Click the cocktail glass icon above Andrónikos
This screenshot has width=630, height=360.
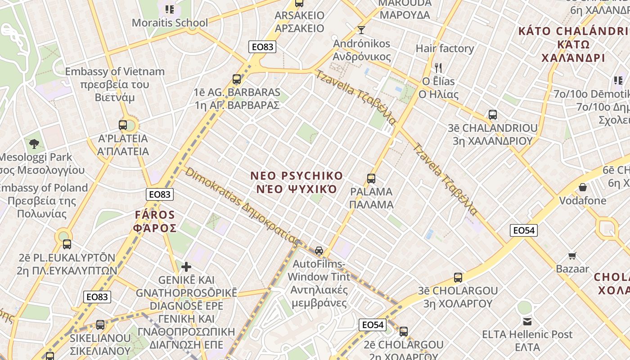tap(361, 30)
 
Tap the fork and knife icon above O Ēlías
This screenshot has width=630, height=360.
tap(438, 68)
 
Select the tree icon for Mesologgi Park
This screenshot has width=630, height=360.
tap(34, 144)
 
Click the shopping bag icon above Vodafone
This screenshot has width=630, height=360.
tap(583, 187)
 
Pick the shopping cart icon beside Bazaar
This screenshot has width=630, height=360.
tap(572, 256)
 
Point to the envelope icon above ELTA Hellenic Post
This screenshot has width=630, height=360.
tap(527, 322)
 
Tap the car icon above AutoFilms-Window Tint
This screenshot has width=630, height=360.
tap(319, 251)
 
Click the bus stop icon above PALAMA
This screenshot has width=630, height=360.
tap(371, 179)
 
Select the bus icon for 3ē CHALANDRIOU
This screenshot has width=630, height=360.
tap(493, 115)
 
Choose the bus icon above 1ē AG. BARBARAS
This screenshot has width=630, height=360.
tap(237, 80)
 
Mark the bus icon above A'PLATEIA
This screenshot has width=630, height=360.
tap(123, 125)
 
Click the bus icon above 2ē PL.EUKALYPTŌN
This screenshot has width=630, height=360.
tap(67, 244)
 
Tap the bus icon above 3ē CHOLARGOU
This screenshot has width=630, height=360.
tap(458, 278)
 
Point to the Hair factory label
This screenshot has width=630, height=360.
tap(445, 49)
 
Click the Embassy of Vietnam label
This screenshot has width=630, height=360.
tap(115, 72)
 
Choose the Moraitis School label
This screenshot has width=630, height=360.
tap(170, 23)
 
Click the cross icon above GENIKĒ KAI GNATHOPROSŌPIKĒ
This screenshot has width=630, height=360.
tap(186, 267)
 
